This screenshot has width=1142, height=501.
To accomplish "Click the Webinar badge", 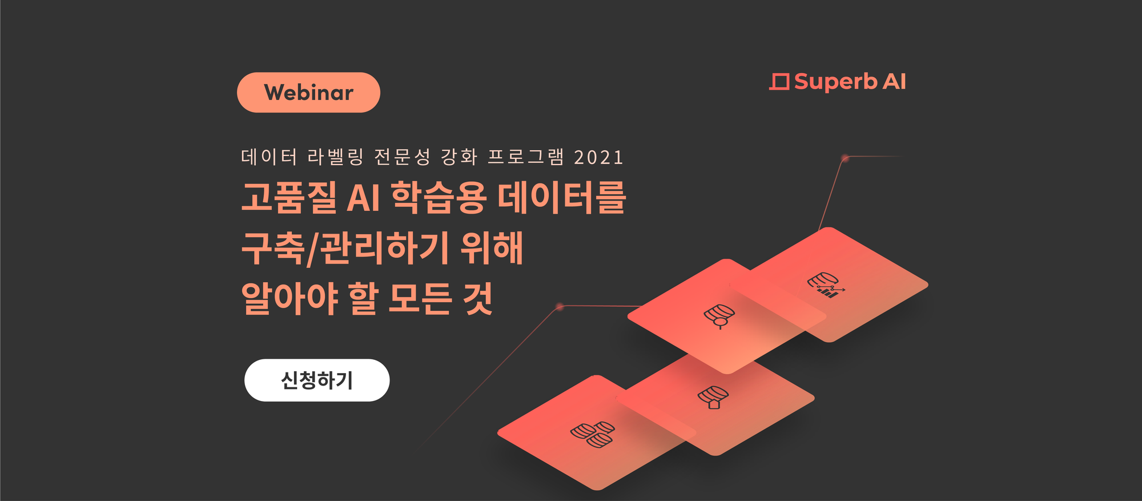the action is (x=308, y=93).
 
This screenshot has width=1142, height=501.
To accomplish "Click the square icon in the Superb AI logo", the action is (x=779, y=82).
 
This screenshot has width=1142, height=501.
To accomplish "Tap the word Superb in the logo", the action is (x=835, y=82).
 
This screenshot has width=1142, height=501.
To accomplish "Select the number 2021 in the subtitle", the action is (x=598, y=157).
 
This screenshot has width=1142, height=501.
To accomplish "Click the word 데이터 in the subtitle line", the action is (x=269, y=157).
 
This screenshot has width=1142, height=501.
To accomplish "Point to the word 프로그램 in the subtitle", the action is (x=526, y=157).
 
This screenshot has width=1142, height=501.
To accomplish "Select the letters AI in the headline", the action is (x=363, y=198).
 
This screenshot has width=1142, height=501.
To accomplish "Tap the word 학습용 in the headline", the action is (x=439, y=197).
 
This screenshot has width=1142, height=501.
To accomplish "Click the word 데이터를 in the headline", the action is (x=562, y=197).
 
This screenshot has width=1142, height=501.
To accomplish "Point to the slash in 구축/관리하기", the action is (x=313, y=249).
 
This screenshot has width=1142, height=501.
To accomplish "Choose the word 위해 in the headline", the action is (x=492, y=247).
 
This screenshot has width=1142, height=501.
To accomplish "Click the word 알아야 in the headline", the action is (x=289, y=298).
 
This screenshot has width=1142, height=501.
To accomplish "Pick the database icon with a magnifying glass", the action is (x=719, y=316).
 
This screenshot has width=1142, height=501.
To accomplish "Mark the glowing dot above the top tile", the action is (x=845, y=158).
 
